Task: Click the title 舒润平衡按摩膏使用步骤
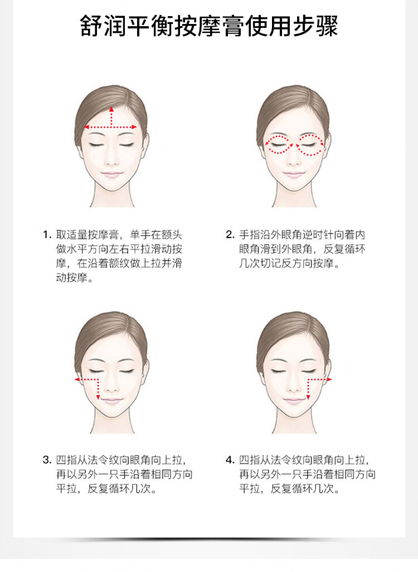pos(209,26)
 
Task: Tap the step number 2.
pos(230,235)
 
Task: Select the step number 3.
pos(46,459)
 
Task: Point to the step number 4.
pos(230,459)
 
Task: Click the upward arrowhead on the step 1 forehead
pos(111,109)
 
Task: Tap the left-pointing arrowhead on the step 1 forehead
pos(86,127)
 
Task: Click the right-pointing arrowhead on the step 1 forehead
pos(134,127)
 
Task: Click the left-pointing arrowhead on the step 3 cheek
pos(77,380)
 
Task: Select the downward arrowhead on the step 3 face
pos(98,397)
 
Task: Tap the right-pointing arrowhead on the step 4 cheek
pos(329,380)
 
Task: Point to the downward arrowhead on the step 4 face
pos(308,397)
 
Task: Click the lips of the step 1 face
pos(111,174)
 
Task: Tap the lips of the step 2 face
pos(294,174)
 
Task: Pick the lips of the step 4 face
pos(294,401)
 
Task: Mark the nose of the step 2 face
pos(294,160)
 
